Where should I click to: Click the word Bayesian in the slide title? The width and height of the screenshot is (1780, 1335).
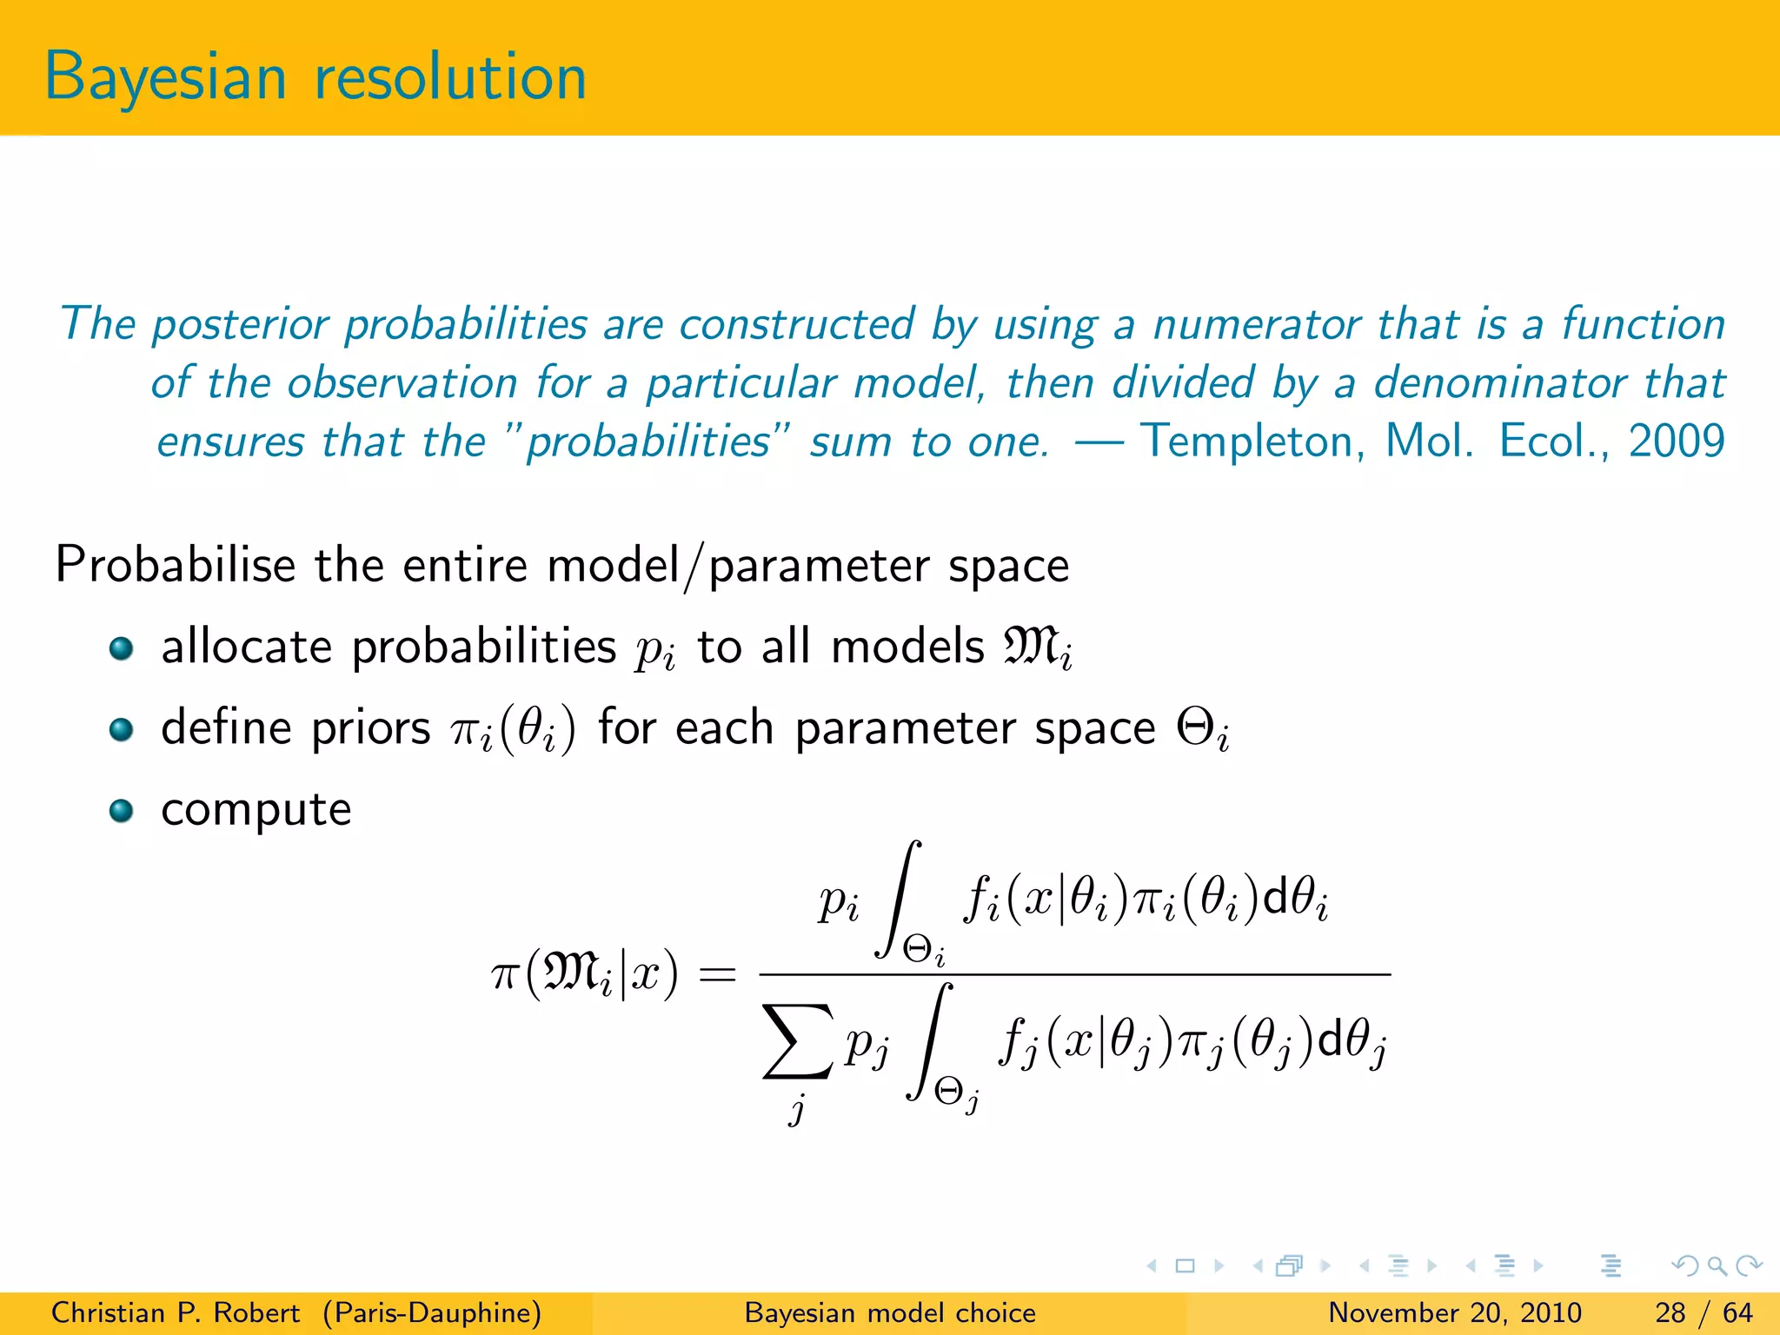coord(165,78)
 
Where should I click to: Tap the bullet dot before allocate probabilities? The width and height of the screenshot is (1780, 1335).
coord(121,648)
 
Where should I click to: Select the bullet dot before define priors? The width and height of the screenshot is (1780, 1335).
coord(121,729)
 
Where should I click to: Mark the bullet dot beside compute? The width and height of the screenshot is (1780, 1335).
coord(121,811)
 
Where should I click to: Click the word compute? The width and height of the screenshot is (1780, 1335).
coord(256,811)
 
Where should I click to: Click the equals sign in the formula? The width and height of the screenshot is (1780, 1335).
coord(717,974)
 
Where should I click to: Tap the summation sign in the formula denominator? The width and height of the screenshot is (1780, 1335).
coord(797,1041)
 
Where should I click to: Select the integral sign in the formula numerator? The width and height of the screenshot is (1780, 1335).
coord(900,900)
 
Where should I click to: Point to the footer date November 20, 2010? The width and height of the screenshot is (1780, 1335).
coord(1455,1312)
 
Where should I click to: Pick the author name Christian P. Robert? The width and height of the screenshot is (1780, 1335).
coord(176,1312)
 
